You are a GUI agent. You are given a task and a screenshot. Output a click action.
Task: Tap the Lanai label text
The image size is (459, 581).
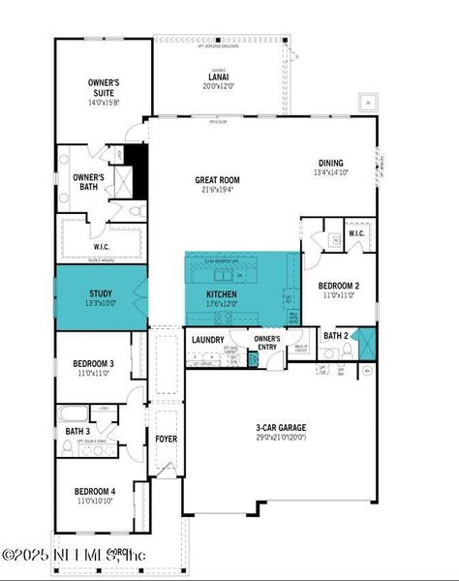(219, 76)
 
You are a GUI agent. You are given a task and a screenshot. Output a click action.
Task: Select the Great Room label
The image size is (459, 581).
(217, 179)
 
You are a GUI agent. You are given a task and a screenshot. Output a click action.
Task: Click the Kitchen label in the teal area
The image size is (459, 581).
(222, 293)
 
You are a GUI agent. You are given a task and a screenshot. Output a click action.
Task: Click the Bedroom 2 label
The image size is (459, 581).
(339, 286)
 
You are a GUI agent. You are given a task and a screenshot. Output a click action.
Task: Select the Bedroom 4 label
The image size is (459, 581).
(93, 491)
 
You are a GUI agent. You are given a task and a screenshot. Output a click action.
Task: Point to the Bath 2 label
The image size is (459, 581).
(336, 336)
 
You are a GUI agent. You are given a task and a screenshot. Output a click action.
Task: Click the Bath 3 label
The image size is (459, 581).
(78, 431)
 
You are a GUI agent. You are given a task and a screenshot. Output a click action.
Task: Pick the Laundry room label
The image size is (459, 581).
(207, 339)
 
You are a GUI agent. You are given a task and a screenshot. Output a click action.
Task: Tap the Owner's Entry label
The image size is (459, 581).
(266, 342)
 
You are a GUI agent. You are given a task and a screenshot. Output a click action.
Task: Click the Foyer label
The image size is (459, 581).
(166, 439)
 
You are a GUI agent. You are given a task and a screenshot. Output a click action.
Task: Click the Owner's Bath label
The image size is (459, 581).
(89, 181)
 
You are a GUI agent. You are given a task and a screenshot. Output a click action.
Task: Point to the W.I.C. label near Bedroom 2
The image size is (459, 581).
(355, 232)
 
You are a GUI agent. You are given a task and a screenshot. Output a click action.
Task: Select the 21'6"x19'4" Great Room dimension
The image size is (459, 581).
(217, 190)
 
